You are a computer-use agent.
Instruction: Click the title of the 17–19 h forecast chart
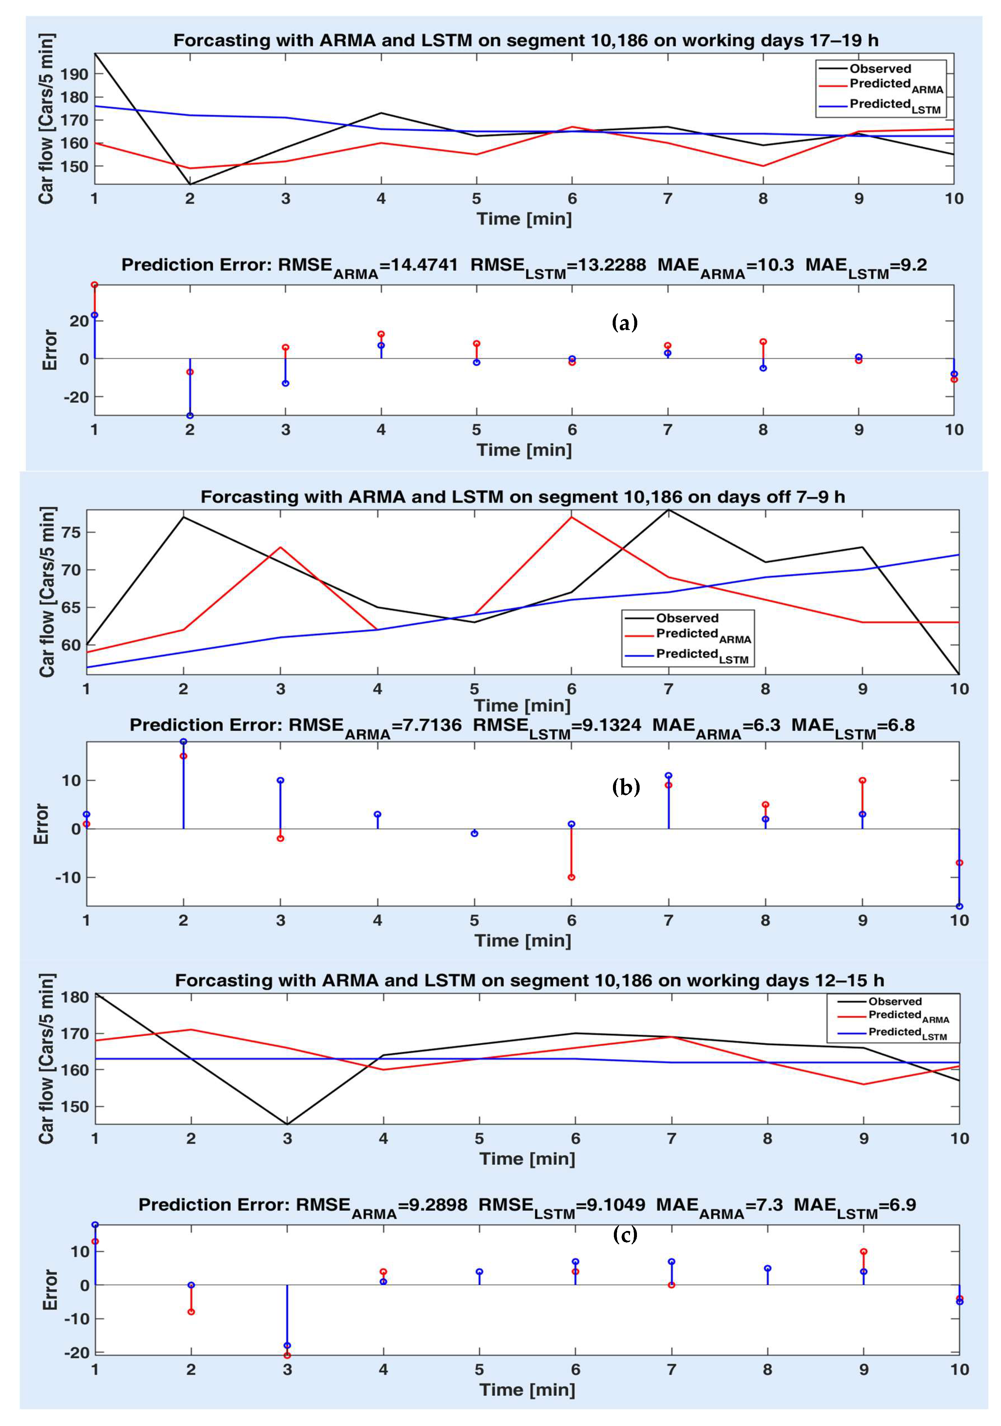click(525, 41)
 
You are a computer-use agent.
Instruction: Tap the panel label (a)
click(624, 322)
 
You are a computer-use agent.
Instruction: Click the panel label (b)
click(625, 788)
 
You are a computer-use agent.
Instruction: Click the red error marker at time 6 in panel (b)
click(571, 877)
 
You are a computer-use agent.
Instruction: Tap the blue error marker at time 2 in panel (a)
click(190, 416)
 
